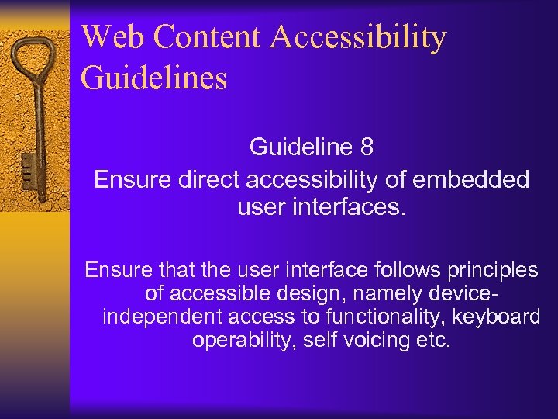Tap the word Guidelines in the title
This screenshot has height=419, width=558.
153,78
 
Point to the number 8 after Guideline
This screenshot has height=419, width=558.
367,147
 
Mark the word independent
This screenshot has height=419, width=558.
160,317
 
